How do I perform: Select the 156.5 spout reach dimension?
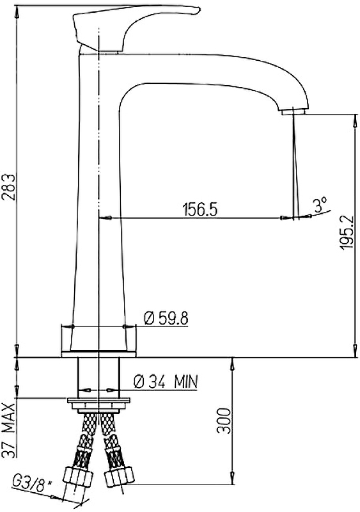point(200,209)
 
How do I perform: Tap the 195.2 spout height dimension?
point(346,232)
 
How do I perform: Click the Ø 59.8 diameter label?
point(166,318)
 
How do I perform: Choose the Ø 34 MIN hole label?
point(166,381)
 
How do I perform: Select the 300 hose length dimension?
point(224,420)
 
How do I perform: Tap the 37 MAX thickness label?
point(8,431)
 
